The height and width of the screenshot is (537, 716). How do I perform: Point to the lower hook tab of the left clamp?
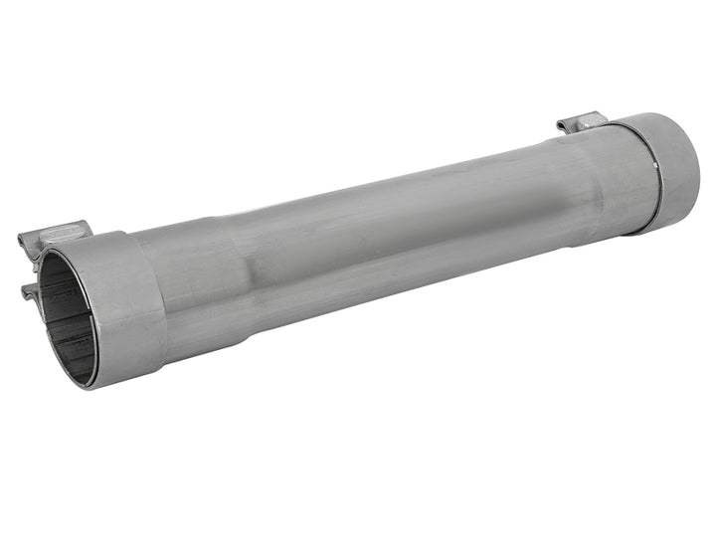[30, 290]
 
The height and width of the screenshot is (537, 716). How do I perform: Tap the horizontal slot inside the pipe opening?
[70, 328]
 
